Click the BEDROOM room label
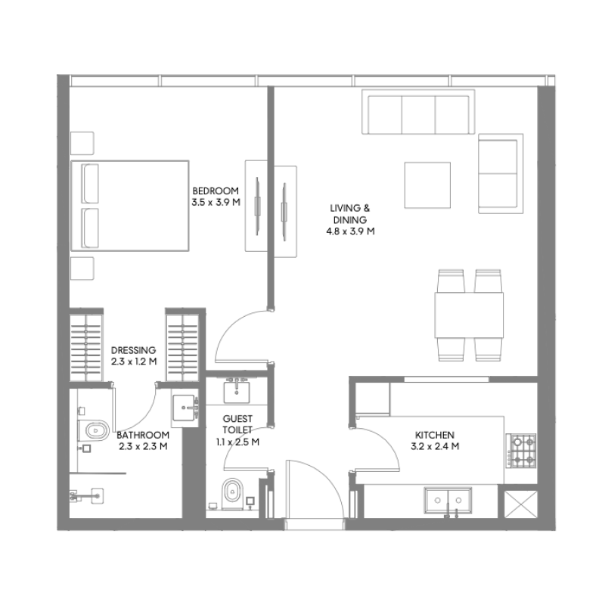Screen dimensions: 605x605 216,191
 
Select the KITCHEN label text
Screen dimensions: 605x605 434,436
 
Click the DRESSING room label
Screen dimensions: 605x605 133,350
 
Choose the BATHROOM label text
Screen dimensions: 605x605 143,436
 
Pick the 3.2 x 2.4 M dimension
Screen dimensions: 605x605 434,447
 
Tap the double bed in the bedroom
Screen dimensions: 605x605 129,205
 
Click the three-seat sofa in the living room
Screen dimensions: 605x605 417,113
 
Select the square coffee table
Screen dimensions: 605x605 427,185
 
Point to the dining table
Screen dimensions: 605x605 469,315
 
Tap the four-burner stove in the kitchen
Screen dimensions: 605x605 520,450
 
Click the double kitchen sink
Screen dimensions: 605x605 449,501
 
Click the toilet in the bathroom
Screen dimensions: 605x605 93,433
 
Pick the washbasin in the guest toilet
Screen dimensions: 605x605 237,391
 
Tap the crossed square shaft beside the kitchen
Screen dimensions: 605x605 521,504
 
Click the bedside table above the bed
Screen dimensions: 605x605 82,143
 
